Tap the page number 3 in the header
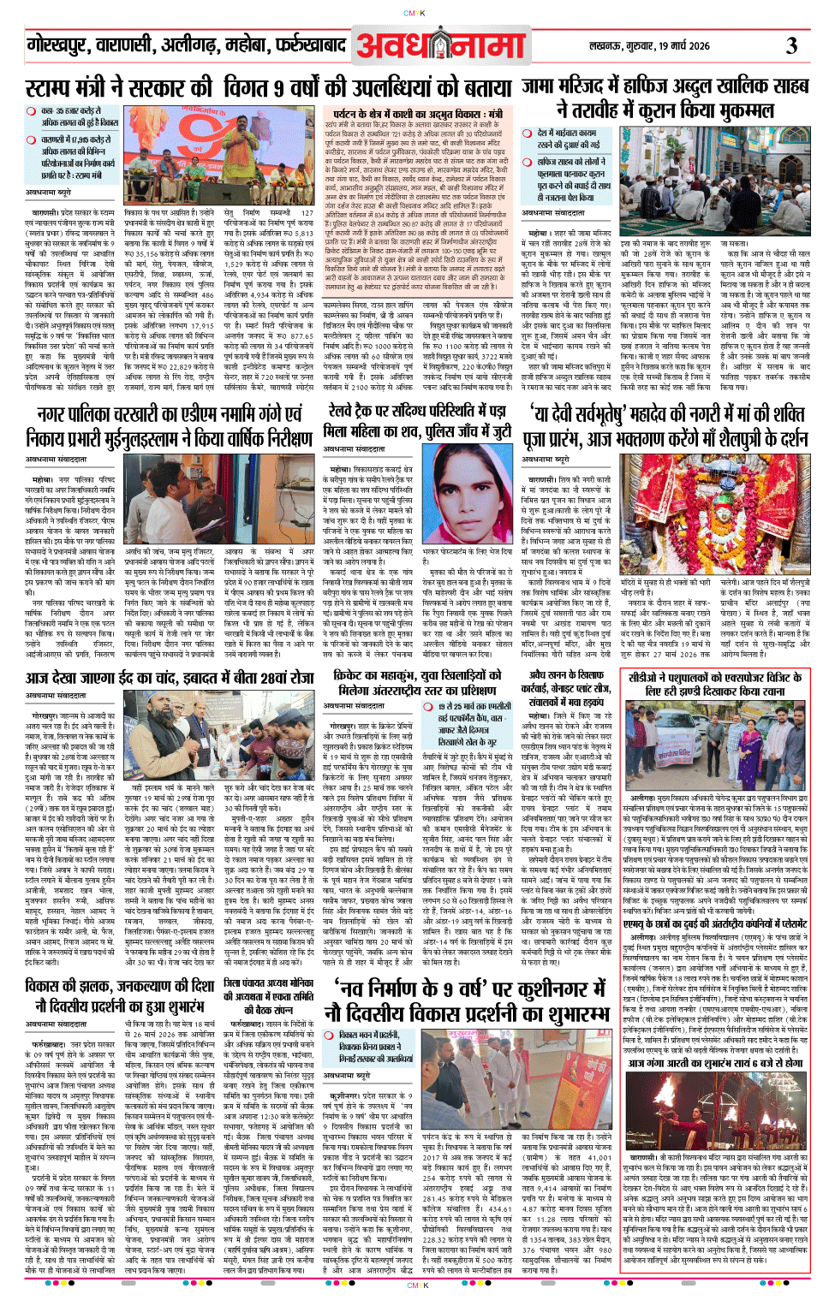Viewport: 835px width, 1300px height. (x=792, y=45)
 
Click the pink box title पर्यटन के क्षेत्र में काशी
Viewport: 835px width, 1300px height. (x=418, y=114)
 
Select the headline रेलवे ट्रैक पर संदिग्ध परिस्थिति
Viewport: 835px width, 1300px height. (x=418, y=422)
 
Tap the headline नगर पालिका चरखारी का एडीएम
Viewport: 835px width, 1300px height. (x=169, y=426)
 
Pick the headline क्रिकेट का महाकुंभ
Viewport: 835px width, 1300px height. (x=418, y=682)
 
